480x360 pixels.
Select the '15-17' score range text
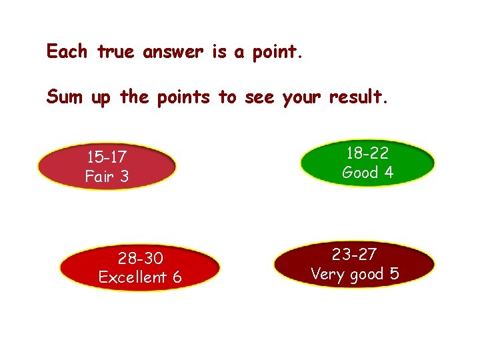coord(107,159)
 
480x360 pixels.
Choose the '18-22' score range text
coord(367,153)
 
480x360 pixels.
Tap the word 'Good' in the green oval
coord(360,173)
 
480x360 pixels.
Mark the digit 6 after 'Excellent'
coord(177,277)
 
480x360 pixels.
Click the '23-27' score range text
coord(354,254)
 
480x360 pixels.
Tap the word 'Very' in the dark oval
coord(329,274)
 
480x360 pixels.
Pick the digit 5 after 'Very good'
coord(394,273)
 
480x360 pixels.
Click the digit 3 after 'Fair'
coord(124,177)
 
